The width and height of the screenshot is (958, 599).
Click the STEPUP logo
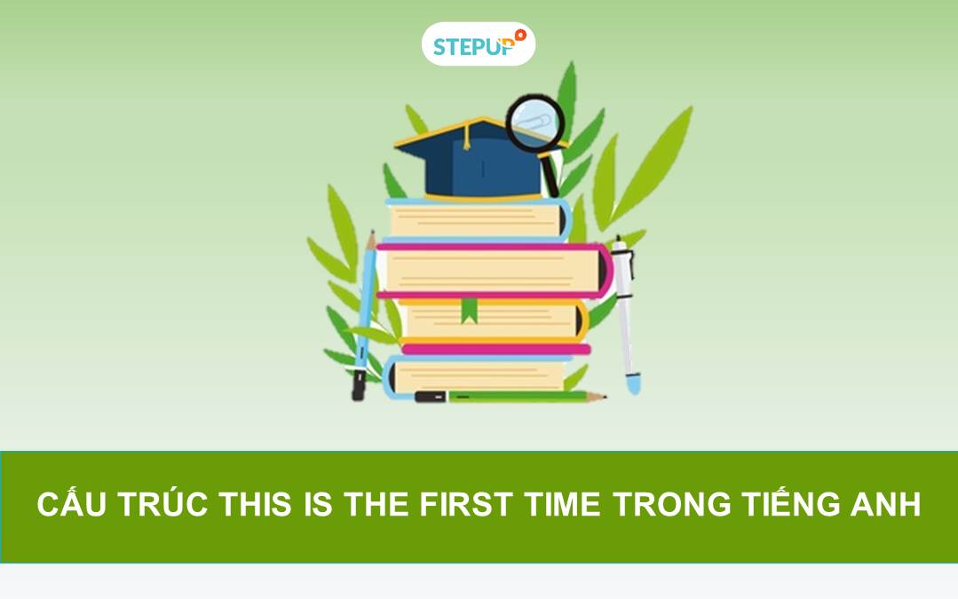tap(478, 44)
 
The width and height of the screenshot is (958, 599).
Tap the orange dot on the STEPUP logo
tap(520, 35)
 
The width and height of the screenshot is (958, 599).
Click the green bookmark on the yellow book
tap(469, 310)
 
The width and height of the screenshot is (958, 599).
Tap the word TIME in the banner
tap(562, 505)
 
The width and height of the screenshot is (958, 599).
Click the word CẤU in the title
tap(68, 505)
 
